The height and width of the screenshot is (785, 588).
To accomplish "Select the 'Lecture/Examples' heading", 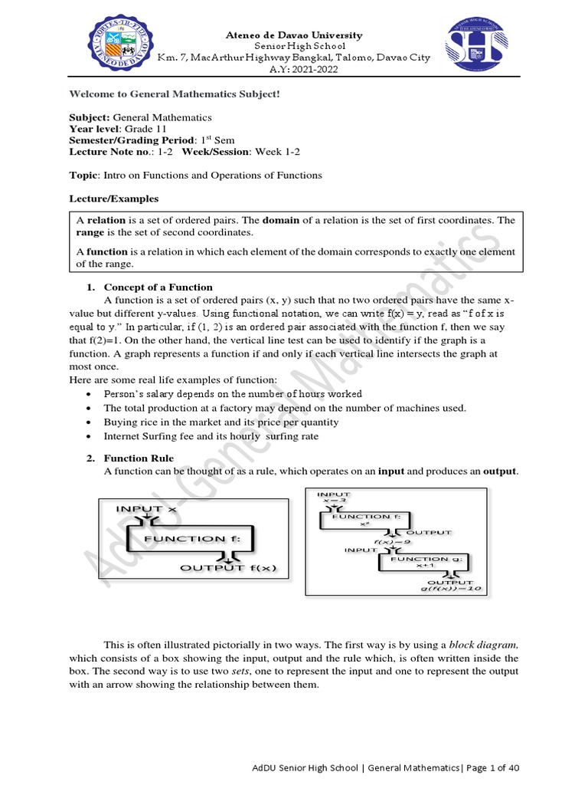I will click(x=114, y=199).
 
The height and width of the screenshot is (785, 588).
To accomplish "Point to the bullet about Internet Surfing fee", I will click(x=211, y=436).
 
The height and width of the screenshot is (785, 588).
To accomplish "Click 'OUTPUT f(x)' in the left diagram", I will click(x=228, y=568).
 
